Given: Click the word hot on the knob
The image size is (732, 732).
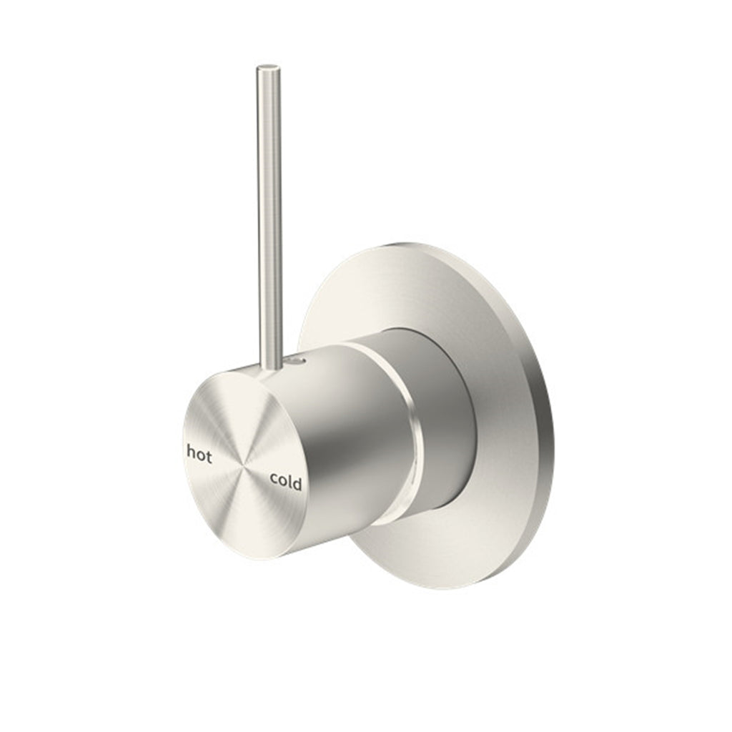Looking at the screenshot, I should pyautogui.click(x=199, y=455).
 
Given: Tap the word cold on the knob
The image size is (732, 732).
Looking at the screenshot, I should pyautogui.click(x=285, y=483).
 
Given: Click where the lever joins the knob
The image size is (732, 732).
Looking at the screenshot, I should pyautogui.click(x=271, y=365).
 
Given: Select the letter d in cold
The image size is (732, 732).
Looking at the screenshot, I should pyautogui.click(x=297, y=484).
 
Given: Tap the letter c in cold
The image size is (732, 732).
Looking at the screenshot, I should pyautogui.click(x=274, y=480).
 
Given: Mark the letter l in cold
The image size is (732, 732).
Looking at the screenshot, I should pyautogui.click(x=290, y=482).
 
